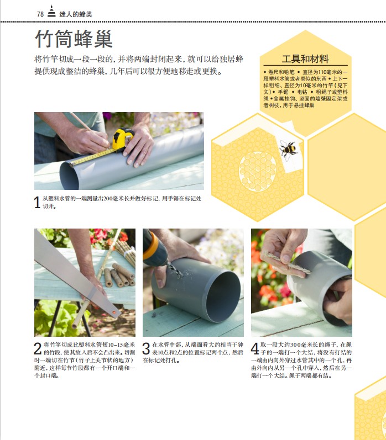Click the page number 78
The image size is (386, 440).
40,14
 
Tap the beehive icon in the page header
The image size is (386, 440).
51,12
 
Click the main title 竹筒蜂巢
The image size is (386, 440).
74,39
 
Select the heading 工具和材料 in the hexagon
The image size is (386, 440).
305,59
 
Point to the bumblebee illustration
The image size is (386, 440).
288,149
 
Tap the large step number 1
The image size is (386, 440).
37,202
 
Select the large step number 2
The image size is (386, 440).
38,348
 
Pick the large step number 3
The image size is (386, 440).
146,348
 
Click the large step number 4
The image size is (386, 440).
255,348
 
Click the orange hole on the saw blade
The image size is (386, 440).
114,312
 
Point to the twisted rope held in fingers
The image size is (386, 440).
286,262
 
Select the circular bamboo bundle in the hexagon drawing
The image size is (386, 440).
258,172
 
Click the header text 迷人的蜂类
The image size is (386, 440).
76,14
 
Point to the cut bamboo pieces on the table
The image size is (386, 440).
119,275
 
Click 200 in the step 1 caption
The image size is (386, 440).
108,199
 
